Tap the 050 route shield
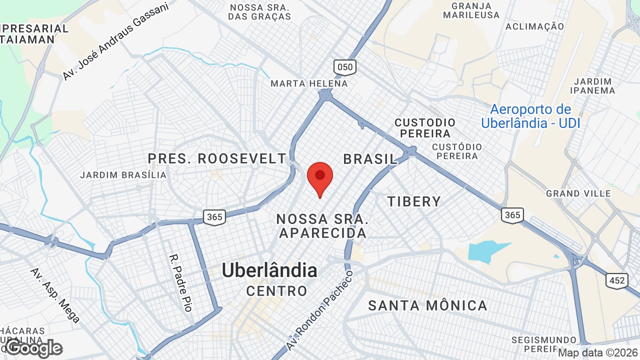click(344, 67)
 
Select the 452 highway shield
click(617, 280)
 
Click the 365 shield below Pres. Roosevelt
click(214, 217)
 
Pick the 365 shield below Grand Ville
click(512, 215)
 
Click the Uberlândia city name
click(269, 270)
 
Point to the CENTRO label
click(277, 290)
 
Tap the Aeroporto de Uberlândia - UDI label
click(530, 116)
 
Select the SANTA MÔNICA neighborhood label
click(427, 305)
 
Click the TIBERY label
click(414, 201)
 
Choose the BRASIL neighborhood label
click(370, 159)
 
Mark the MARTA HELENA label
click(309, 83)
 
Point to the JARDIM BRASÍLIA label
click(123, 175)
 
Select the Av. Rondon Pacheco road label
click(320, 310)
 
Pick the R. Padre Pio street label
click(180, 282)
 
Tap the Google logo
click(34, 348)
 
